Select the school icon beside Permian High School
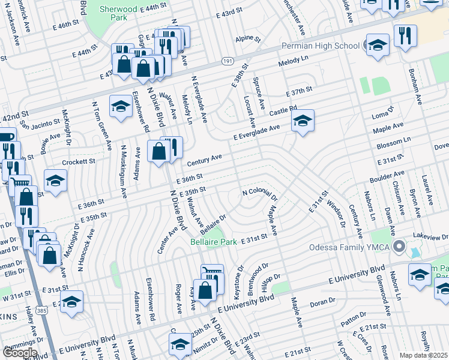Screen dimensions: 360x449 pyautogui.click(x=377, y=45)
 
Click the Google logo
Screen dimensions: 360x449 pyautogui.click(x=20, y=353)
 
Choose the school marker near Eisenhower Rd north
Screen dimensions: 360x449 pyautogui.click(x=121, y=107)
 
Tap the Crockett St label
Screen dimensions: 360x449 pyautogui.click(x=79, y=162)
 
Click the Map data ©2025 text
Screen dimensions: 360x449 pyautogui.click(x=424, y=355)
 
